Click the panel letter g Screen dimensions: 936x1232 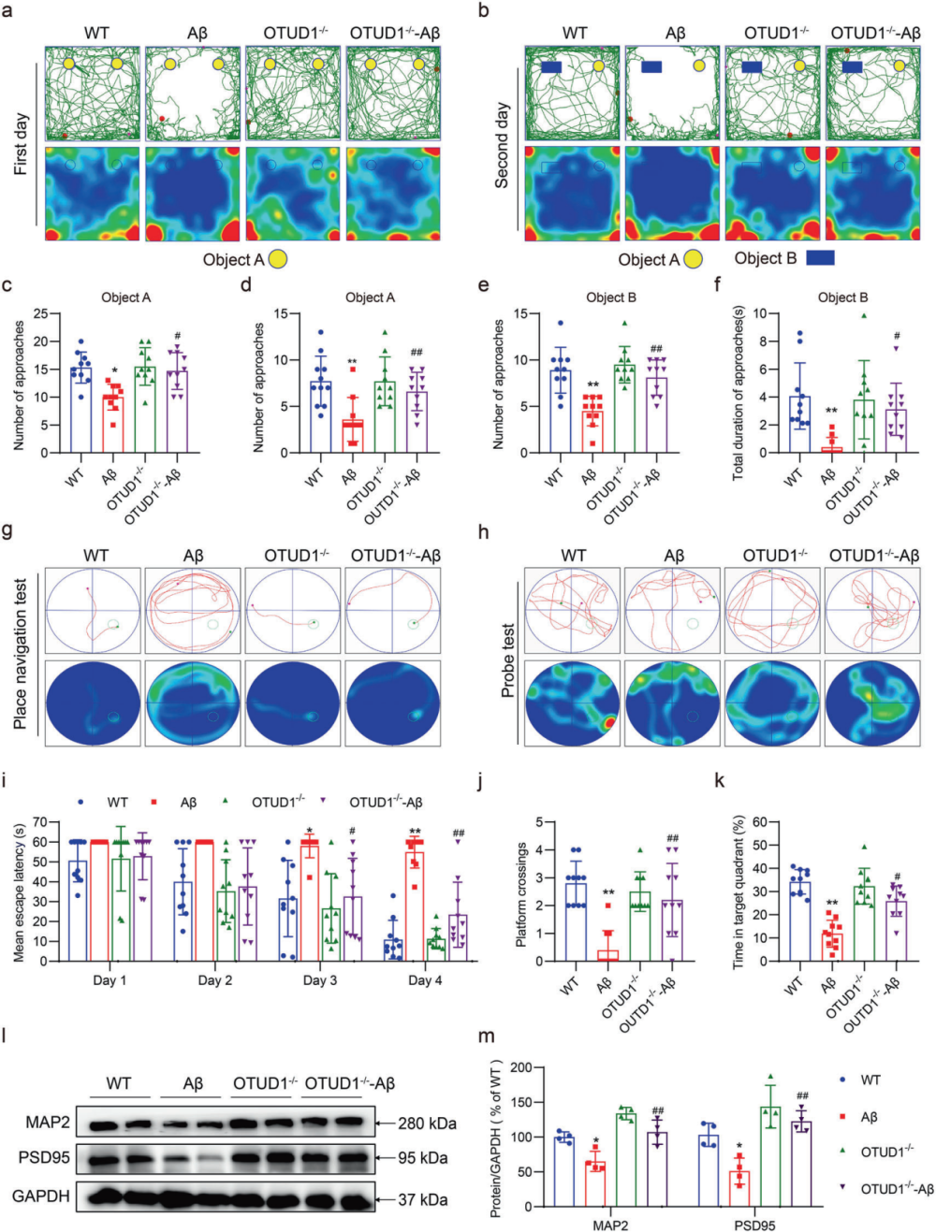(7, 532)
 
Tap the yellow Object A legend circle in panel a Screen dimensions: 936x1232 (278, 259)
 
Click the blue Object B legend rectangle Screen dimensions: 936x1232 (820, 257)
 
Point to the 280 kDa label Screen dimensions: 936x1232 (427, 1123)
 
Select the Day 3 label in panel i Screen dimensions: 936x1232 (319, 980)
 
